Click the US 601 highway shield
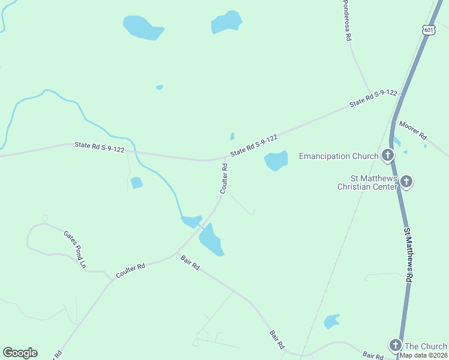428,30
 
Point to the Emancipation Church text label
338,157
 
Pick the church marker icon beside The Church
395,345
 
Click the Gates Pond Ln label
75,249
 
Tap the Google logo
20,353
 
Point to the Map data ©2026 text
424,355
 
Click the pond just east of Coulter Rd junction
276,160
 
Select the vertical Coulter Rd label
224,178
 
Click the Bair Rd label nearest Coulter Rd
190,262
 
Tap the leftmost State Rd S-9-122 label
100,147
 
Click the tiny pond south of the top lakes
159,88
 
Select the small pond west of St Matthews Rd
331,321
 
